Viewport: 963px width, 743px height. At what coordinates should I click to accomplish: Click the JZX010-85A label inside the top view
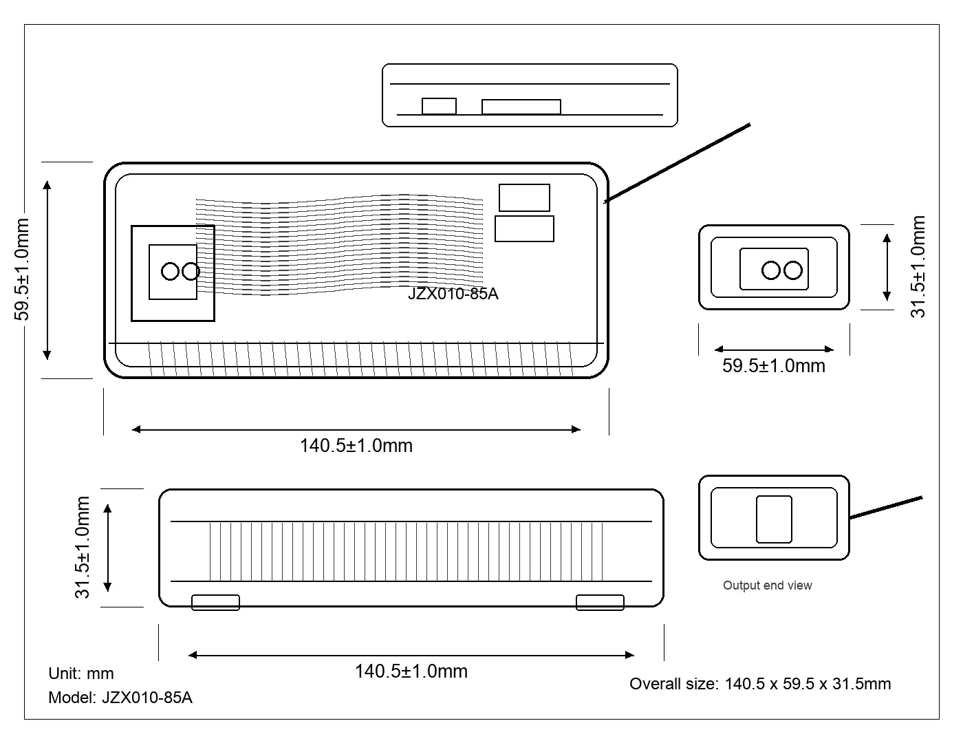pyautogui.click(x=453, y=294)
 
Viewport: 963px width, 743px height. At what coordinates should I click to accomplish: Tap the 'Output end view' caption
pyautogui.click(x=768, y=585)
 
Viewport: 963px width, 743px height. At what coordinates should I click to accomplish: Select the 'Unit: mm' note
pyautogui.click(x=81, y=674)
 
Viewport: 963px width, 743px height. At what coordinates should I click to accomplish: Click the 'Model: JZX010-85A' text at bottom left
pyautogui.click(x=120, y=698)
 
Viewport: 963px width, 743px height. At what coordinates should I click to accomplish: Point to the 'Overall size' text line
pyautogui.click(x=760, y=684)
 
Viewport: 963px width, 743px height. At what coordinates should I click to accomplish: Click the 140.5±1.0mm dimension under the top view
pyautogui.click(x=356, y=446)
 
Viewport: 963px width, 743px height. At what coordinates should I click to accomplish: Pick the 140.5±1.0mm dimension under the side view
pyautogui.click(x=411, y=671)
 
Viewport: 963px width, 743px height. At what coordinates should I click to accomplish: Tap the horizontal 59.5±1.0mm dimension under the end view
pyautogui.click(x=774, y=366)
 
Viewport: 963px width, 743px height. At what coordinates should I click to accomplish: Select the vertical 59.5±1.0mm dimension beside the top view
pyautogui.click(x=21, y=270)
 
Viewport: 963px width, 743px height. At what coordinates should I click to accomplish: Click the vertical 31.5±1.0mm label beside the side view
pyautogui.click(x=83, y=548)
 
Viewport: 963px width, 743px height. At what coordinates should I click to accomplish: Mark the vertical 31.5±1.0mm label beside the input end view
pyautogui.click(x=918, y=267)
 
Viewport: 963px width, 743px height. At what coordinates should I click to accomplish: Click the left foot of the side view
pyautogui.click(x=215, y=603)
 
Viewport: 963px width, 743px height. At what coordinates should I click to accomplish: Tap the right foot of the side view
pyautogui.click(x=600, y=603)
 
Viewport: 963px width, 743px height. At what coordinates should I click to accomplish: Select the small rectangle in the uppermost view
pyautogui.click(x=439, y=107)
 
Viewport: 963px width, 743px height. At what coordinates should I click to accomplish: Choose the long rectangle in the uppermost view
pyautogui.click(x=521, y=107)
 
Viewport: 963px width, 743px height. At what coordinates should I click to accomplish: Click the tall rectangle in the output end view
pyautogui.click(x=774, y=519)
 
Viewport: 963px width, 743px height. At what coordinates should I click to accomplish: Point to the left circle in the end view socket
pyautogui.click(x=770, y=270)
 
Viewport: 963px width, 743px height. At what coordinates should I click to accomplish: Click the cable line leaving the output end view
pyautogui.click(x=886, y=508)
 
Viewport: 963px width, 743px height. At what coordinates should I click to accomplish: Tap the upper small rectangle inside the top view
pyautogui.click(x=524, y=197)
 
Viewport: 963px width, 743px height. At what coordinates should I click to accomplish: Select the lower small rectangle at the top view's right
pyautogui.click(x=524, y=228)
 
